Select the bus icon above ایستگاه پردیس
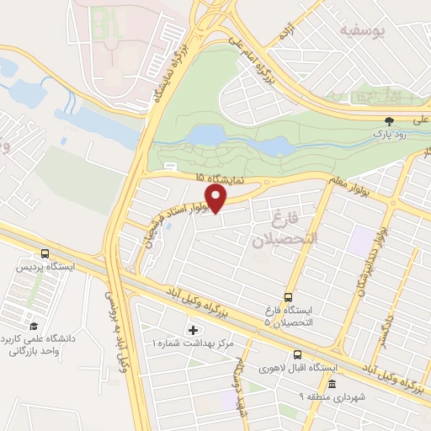[x=45, y=253]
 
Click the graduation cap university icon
[x=33, y=326]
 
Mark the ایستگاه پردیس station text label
[x=43, y=267]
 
